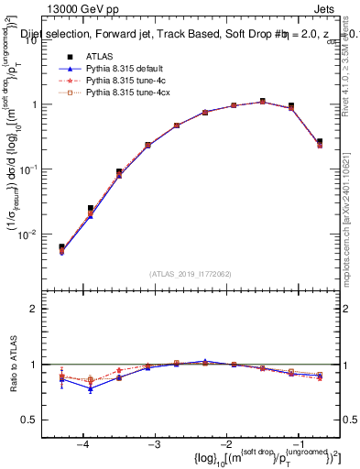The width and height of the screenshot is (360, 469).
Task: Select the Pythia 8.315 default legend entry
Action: coord(128,69)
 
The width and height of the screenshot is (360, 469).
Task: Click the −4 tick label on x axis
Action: coord(82,444)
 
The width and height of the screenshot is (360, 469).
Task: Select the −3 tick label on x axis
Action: coord(154,444)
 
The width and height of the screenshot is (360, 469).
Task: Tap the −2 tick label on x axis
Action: coord(225,444)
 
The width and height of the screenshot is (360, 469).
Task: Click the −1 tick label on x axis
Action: coord(297,444)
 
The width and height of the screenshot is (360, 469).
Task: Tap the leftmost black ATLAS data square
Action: coord(61,247)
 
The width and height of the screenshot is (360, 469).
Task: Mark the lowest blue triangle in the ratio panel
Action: coord(90,388)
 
